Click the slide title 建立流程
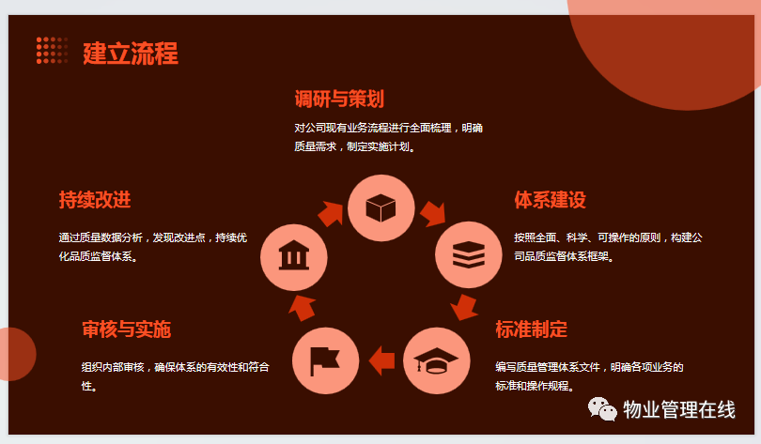click(x=131, y=54)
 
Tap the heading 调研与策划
click(x=339, y=99)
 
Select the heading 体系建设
click(x=550, y=200)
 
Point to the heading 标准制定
click(x=532, y=329)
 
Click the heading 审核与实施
click(x=127, y=329)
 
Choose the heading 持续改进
click(x=95, y=200)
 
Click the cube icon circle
click(x=381, y=208)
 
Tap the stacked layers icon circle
click(x=469, y=254)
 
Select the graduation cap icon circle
click(x=436, y=360)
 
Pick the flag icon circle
click(x=326, y=360)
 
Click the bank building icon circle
click(x=294, y=257)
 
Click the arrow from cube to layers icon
click(x=433, y=214)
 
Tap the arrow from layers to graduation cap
click(x=464, y=307)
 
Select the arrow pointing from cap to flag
click(x=381, y=360)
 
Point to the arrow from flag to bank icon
click(x=303, y=307)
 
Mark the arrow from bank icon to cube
click(x=331, y=214)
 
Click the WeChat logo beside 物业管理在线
click(x=602, y=409)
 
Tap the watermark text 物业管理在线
click(x=679, y=409)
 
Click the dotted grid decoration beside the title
click(x=52, y=51)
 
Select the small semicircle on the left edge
click(x=17, y=354)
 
